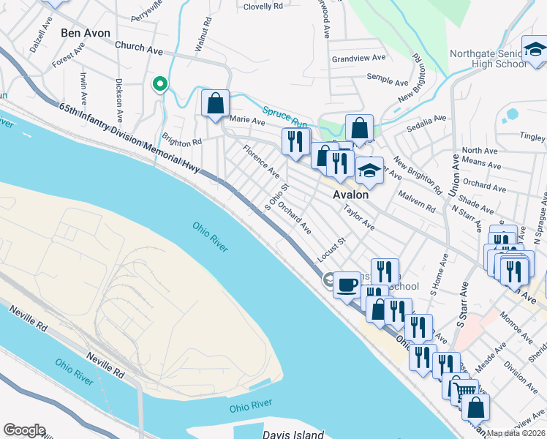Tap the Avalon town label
(x=350, y=195)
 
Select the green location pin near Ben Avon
(x=159, y=84)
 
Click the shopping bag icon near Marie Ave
(x=216, y=104)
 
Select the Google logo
(x=24, y=430)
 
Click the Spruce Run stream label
(x=284, y=113)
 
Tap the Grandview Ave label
(x=358, y=58)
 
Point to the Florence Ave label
(x=261, y=163)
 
